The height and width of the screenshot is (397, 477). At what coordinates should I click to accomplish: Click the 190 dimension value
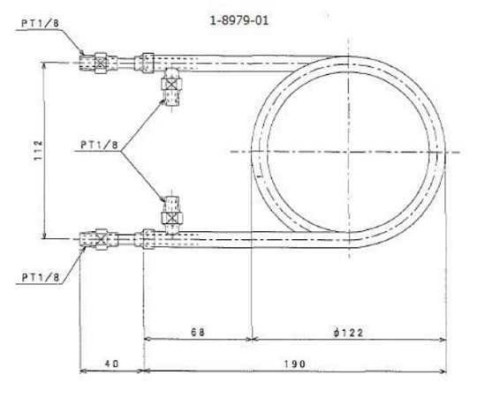[291, 363]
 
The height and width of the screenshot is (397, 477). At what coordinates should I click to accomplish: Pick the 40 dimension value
[110, 363]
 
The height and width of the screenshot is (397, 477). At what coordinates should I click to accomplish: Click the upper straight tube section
[256, 62]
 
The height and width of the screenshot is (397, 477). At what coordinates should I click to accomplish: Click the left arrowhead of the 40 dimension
[83, 371]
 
